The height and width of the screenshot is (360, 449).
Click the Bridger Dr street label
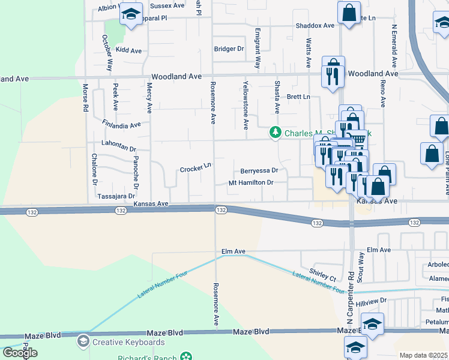(229, 49)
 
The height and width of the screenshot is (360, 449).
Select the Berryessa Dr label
(259, 170)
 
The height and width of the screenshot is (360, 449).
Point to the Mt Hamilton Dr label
(251, 182)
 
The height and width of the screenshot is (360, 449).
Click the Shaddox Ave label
(315, 26)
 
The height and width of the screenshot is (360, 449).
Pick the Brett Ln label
(298, 97)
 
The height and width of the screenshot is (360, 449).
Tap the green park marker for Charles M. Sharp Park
(276, 133)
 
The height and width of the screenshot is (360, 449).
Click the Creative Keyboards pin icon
(83, 342)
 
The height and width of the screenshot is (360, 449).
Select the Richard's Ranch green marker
(187, 358)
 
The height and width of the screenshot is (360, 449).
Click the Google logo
(20, 352)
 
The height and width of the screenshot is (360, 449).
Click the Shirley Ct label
(322, 275)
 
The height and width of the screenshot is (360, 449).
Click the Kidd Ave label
(128, 50)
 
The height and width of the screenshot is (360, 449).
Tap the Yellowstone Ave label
(245, 106)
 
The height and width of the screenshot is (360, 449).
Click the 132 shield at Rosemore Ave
(221, 210)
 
